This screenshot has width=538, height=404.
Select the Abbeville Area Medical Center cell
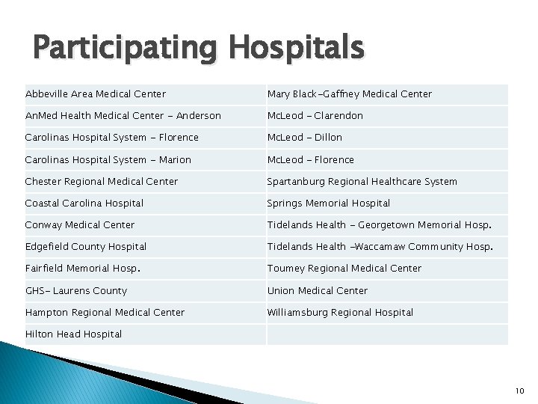tap(96, 94)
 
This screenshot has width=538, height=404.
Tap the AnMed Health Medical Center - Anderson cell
tap(123, 116)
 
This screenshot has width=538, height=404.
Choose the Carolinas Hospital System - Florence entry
tap(112, 138)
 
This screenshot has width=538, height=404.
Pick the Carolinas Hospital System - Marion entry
tap(108, 160)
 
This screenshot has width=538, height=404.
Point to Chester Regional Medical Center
tap(102, 182)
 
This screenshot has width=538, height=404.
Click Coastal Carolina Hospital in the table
tap(84, 203)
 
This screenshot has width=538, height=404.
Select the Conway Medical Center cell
tap(80, 225)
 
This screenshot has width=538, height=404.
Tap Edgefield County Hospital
tap(86, 247)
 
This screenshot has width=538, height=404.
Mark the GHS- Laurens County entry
tap(76, 291)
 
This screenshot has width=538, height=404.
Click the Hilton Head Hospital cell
tap(73, 334)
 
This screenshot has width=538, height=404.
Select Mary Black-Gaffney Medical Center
tap(350, 94)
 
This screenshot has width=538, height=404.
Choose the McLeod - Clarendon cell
tap(315, 116)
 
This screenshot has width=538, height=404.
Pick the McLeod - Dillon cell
tap(305, 138)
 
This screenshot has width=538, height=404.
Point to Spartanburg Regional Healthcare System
tap(362, 182)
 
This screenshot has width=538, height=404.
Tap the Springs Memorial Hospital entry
tap(329, 203)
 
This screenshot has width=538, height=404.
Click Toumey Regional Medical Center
tap(344, 269)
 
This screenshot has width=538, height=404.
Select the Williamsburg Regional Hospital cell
tap(340, 313)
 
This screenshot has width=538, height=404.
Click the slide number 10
tap(520, 391)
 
